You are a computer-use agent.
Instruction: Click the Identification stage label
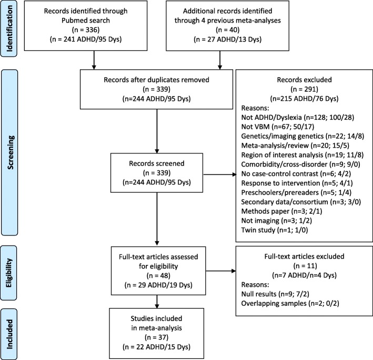[x=9, y=28]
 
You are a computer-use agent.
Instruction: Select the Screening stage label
[x=10, y=152]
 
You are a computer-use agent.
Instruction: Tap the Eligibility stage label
[x=9, y=273]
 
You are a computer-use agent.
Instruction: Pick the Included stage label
[x=9, y=334]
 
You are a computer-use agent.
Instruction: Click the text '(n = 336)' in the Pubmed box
[x=86, y=30]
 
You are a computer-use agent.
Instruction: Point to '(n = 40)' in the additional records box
[x=228, y=30]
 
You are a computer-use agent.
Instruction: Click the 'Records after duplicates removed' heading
[x=157, y=79]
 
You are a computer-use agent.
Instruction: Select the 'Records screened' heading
[x=157, y=163]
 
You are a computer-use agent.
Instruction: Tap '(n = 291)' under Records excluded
[x=305, y=89]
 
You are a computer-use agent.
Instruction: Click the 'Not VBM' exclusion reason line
[x=278, y=127]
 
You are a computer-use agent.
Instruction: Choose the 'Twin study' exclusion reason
[x=275, y=230]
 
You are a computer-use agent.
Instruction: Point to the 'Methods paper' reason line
[x=281, y=211]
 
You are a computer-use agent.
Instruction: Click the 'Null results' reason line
[x=275, y=294]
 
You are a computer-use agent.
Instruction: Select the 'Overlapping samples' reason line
[x=290, y=303]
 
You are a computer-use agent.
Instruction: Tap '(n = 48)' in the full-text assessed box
[x=158, y=275]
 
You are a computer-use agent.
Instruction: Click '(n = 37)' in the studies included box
[x=157, y=337]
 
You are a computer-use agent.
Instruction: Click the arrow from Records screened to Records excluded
[x=220, y=174]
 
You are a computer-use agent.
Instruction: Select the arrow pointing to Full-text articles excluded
[x=221, y=271]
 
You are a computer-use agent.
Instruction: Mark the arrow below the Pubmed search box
[x=94, y=60]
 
